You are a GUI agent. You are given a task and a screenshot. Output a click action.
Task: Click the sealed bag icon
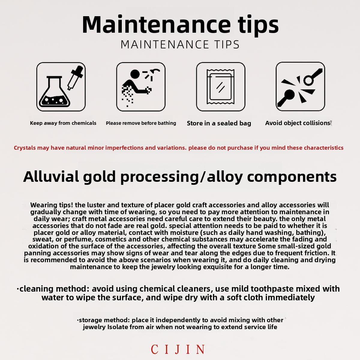(220, 87)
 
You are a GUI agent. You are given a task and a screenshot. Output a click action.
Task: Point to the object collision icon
(300, 86)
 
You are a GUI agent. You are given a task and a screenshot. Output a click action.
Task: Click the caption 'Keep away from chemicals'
(63, 123)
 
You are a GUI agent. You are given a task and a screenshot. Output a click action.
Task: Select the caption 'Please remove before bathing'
(141, 123)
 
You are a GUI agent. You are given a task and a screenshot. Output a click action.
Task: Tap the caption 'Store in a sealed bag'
(219, 123)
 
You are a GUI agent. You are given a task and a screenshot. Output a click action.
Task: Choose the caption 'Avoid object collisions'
(298, 123)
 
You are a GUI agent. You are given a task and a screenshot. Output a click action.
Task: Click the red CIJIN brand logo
(178, 349)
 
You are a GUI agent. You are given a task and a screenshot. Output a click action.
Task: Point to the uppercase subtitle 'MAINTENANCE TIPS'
(180, 44)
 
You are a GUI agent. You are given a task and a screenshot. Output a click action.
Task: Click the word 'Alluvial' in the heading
(51, 176)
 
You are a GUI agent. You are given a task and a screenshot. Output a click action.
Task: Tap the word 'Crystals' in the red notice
(25, 148)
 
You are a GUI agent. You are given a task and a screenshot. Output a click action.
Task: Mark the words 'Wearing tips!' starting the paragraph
(52, 205)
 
